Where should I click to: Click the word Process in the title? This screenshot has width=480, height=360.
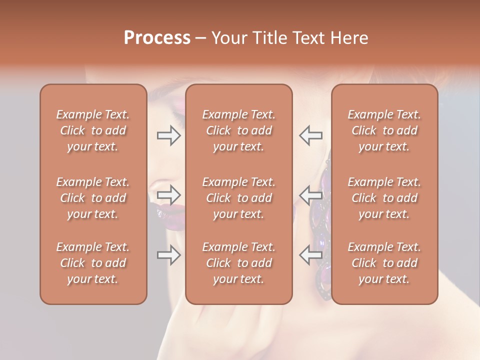click(157, 38)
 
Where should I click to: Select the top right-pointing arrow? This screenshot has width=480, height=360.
click(168, 135)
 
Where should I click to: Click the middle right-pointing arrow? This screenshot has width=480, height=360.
click(168, 194)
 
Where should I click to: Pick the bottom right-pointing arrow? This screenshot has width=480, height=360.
click(168, 255)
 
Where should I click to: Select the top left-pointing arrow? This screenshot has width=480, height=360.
click(311, 135)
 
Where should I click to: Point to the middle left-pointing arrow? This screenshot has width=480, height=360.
click(311, 194)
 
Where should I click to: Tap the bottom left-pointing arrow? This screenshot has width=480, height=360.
click(311, 255)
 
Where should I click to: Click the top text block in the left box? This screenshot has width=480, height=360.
click(93, 130)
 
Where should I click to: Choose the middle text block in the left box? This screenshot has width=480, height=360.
click(93, 198)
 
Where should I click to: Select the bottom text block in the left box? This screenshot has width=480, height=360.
click(93, 263)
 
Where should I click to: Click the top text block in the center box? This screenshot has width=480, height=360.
click(238, 130)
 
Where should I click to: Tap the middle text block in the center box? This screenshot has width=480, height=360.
click(238, 198)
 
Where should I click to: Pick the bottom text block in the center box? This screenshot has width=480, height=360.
click(238, 263)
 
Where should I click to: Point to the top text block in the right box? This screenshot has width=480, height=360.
click(384, 130)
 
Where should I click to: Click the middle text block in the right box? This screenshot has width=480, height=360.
click(384, 198)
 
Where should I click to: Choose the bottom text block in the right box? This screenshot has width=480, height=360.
click(384, 263)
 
